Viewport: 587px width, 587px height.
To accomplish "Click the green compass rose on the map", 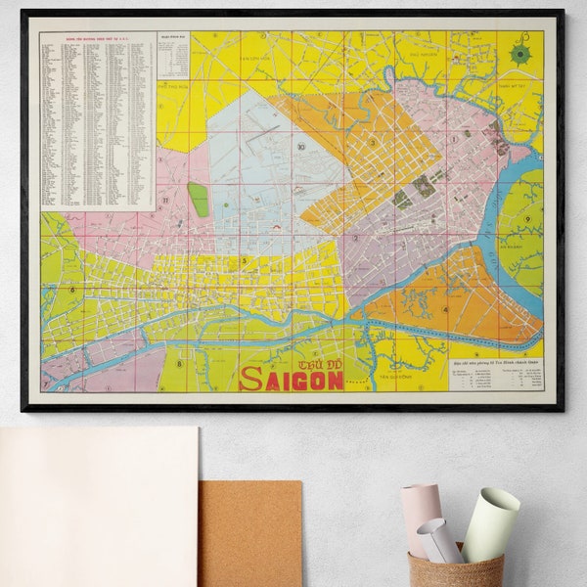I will click(x=520, y=53).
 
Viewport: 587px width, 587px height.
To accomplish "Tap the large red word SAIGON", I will click(x=291, y=378).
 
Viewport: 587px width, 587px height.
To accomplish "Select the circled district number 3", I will click(x=372, y=143).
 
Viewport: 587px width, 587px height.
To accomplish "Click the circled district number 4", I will click(x=445, y=310).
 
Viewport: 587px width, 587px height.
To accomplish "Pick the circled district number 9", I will click(x=527, y=219).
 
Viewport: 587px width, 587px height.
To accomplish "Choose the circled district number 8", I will click(x=179, y=364).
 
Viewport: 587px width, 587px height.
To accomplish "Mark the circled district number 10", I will click(x=302, y=147).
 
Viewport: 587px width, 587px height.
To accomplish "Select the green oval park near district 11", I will click(x=200, y=200).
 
